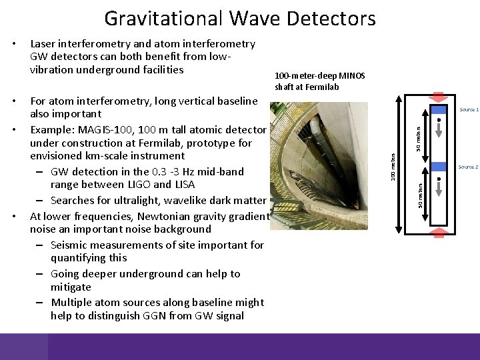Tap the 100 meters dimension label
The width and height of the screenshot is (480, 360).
coord(393,165)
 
